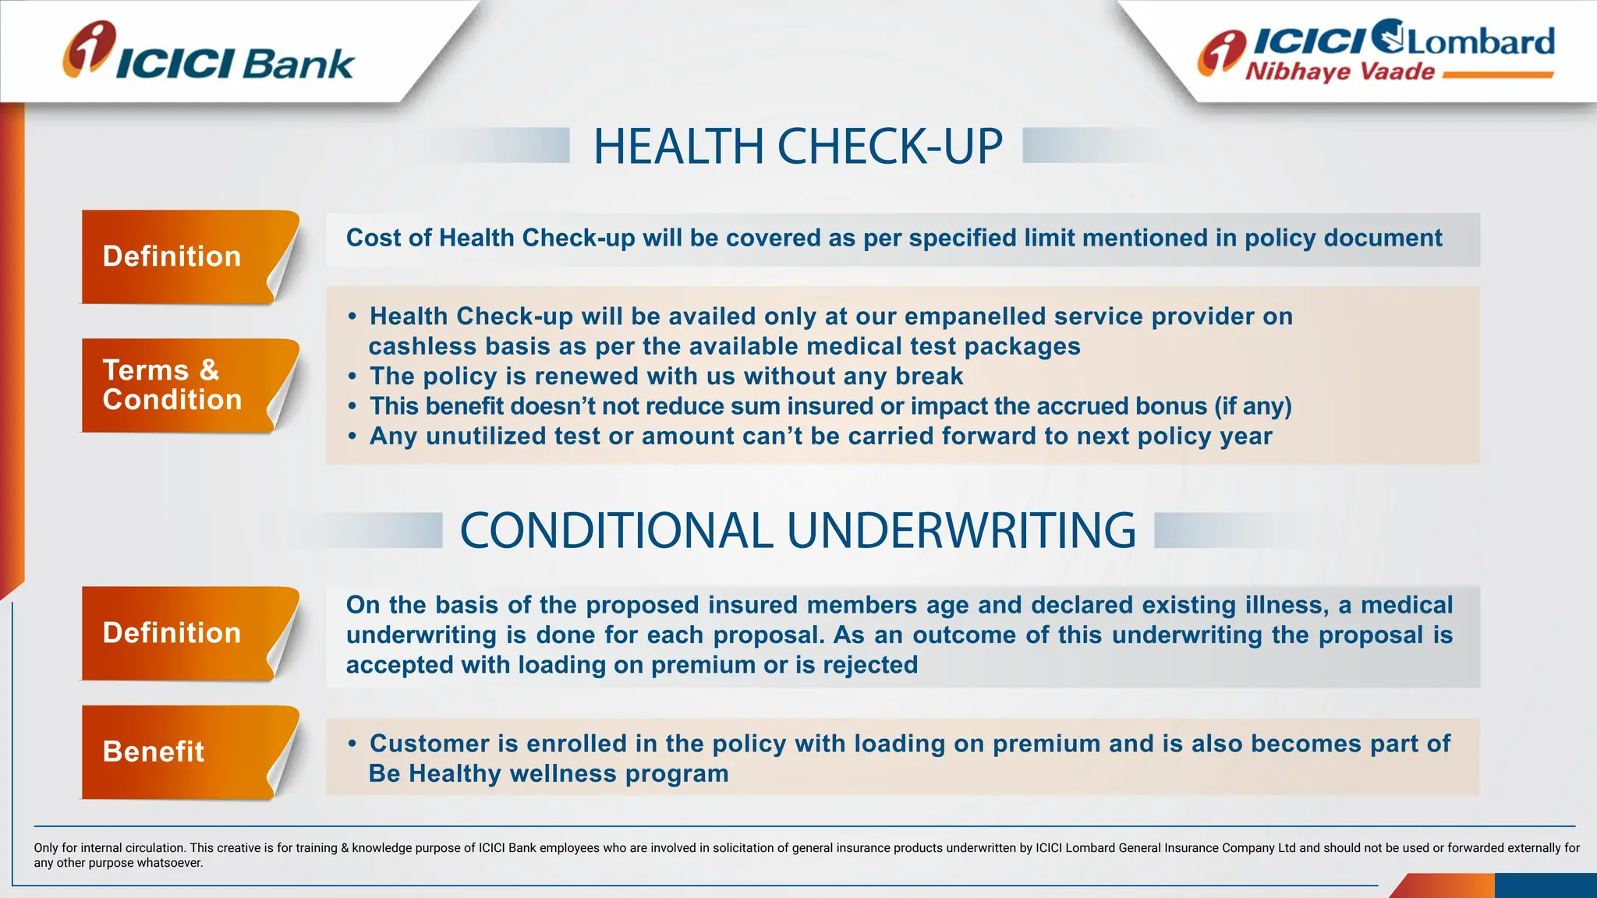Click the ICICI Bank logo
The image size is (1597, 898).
209,53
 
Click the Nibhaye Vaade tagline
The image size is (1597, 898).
1340,72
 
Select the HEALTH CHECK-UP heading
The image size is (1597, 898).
797,147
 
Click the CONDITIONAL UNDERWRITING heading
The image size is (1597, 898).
798,531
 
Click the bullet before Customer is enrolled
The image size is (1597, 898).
352,744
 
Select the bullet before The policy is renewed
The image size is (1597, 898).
352,377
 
